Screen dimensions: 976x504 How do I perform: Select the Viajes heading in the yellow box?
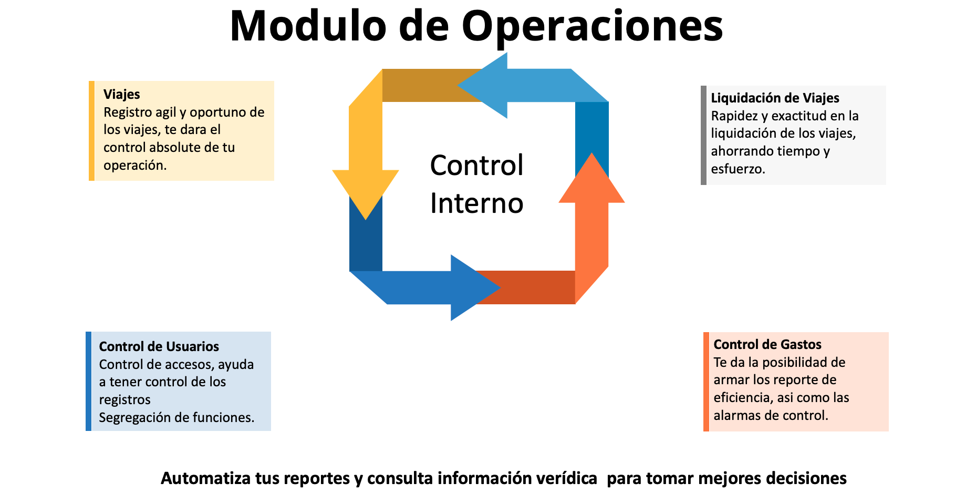click(122, 95)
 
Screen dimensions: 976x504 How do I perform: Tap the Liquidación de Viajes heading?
click(775, 98)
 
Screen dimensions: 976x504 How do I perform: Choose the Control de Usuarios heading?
click(159, 346)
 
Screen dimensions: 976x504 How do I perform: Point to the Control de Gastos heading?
click(767, 344)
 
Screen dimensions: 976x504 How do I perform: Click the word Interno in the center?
click(476, 203)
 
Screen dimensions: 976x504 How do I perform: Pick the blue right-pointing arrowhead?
click(475, 288)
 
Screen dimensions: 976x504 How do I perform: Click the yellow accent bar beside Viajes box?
click(92, 131)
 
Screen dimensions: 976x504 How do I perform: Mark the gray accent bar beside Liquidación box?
click(704, 135)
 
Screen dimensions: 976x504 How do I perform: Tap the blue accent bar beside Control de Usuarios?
click(89, 381)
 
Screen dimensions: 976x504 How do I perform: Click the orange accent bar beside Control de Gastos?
click(707, 382)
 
